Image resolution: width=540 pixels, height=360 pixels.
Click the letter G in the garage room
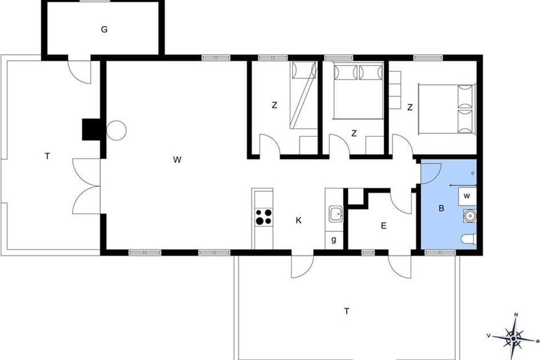(x=104, y=30)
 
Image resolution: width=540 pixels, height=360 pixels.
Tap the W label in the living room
(x=177, y=160)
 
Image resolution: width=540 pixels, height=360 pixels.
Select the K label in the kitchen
(x=298, y=220)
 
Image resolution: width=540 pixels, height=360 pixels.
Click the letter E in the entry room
(x=383, y=226)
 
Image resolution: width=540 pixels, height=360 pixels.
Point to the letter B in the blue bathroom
(x=441, y=208)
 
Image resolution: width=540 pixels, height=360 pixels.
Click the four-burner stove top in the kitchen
(x=264, y=217)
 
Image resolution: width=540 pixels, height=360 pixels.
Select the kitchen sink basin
(x=336, y=214)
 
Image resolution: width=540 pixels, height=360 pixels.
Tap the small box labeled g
(x=334, y=240)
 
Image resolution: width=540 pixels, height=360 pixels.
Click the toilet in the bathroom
(x=469, y=239)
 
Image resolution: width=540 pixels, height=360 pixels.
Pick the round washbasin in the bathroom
(x=470, y=216)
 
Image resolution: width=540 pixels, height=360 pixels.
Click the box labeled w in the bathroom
(x=468, y=197)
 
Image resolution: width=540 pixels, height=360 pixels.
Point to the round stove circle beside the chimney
(x=117, y=130)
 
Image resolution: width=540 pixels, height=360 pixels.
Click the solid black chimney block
(x=91, y=130)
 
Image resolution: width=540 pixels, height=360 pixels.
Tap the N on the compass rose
(x=516, y=315)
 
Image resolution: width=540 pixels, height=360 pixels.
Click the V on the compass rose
(x=489, y=335)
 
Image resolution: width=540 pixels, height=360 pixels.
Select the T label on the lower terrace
(x=346, y=311)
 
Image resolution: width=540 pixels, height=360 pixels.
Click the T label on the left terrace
(x=47, y=156)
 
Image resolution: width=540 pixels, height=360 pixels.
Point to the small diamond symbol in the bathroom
(x=473, y=173)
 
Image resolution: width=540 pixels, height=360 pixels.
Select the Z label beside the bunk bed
(x=274, y=105)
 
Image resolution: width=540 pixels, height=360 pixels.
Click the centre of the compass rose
(x=514, y=339)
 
